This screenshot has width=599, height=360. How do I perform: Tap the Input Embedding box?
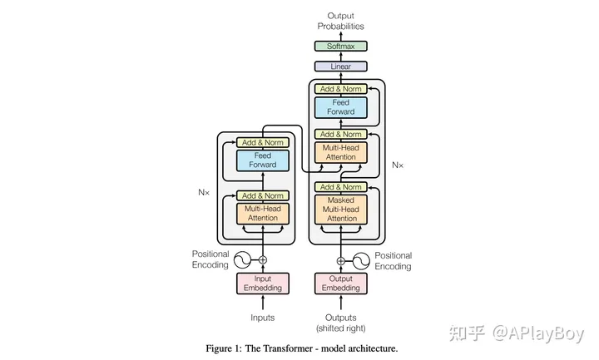[262, 284]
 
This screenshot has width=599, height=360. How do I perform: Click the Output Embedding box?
[340, 284]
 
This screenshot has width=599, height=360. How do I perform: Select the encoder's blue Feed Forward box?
[262, 160]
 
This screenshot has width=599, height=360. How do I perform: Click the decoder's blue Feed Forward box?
[340, 106]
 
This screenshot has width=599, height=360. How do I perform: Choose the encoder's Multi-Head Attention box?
[262, 213]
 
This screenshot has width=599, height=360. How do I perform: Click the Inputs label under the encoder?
[262, 318]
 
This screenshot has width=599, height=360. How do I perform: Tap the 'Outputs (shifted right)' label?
[340, 323]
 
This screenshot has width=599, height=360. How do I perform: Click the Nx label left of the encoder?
[204, 191]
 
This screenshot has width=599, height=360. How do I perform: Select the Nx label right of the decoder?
[398, 165]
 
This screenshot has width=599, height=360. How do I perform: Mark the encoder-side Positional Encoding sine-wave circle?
[242, 260]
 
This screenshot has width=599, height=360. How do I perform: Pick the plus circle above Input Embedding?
[262, 260]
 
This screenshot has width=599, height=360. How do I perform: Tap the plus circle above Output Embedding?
[340, 260]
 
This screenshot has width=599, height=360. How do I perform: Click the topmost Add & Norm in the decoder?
[340, 89]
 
